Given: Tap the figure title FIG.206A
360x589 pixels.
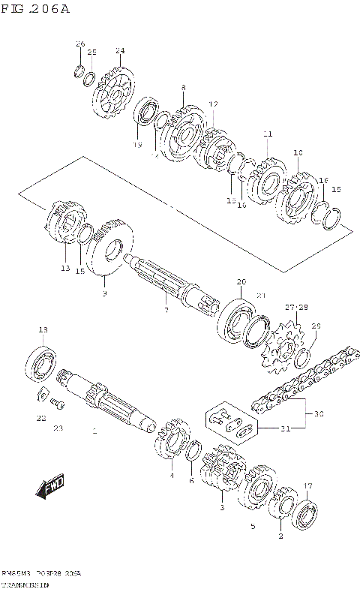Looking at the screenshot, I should click(36, 9).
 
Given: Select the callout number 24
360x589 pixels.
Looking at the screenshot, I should click(120, 50).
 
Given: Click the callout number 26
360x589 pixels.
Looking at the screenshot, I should click(80, 44).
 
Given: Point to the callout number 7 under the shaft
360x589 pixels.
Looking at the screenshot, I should click(166, 309).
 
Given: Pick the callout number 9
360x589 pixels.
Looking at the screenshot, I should click(104, 293).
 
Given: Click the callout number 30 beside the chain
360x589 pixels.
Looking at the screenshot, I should click(318, 413).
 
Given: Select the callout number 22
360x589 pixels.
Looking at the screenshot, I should click(41, 417).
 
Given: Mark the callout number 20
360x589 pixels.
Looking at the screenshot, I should click(241, 282).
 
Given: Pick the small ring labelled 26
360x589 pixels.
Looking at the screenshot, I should click(77, 72).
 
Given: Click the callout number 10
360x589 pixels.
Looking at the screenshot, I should click(298, 153).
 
